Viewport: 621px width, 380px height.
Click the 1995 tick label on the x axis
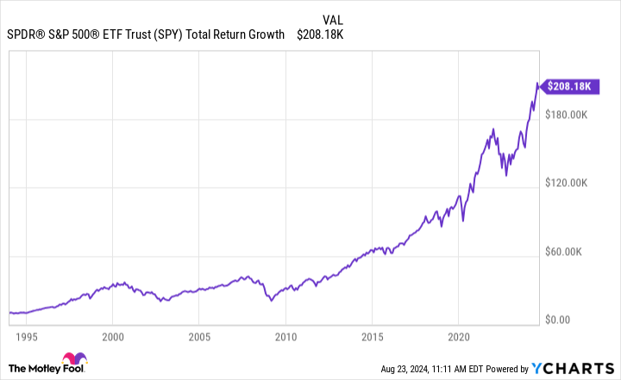27,337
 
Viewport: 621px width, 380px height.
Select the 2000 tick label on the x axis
113,337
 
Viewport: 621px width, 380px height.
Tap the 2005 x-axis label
199,337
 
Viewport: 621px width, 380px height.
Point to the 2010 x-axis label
285,337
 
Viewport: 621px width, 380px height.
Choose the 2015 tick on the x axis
372,337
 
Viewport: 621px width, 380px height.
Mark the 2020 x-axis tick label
459,337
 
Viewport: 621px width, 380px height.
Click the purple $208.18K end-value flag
569,86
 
